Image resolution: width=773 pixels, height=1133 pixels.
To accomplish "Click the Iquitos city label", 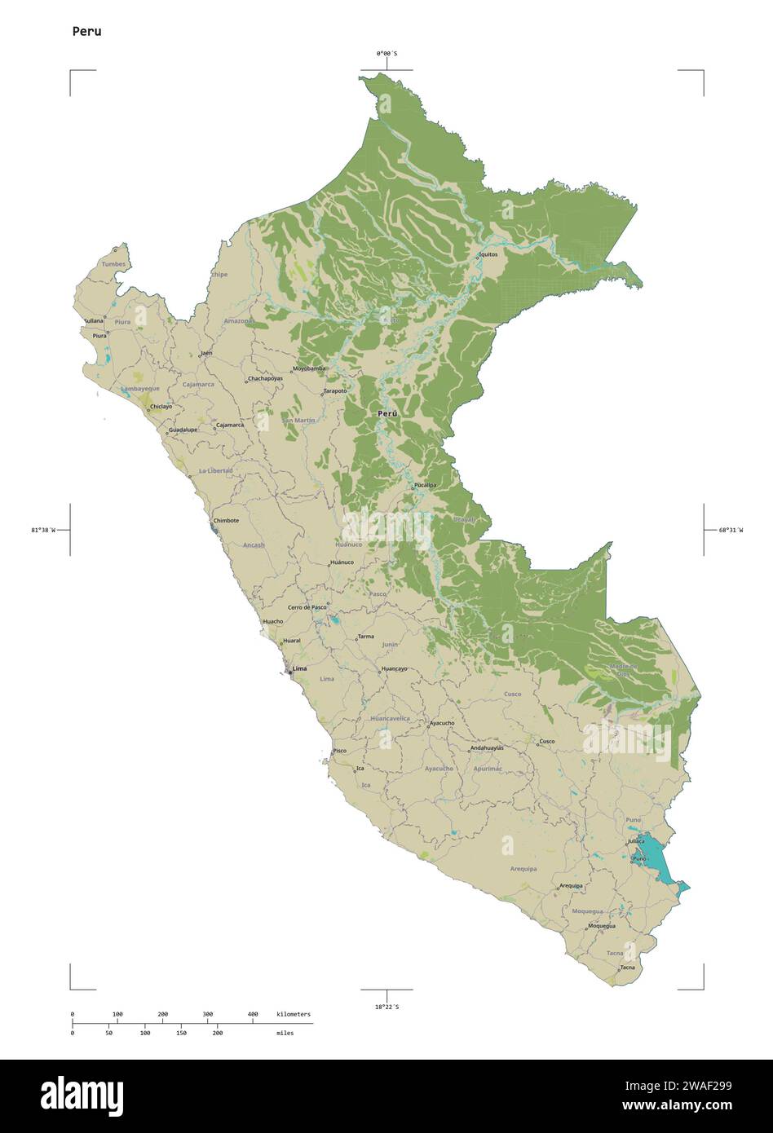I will click(488, 254).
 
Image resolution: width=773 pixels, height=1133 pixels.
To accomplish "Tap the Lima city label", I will click(299, 668).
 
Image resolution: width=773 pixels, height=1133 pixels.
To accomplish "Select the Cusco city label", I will click(546, 741).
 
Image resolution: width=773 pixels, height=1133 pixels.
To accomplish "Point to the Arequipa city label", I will click(571, 885).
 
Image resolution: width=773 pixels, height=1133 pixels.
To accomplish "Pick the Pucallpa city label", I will click(425, 485).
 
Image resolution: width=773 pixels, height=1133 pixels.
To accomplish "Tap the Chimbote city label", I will click(226, 520).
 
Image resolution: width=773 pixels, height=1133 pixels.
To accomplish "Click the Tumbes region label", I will click(114, 264).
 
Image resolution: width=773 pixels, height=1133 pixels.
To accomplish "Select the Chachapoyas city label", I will click(265, 378).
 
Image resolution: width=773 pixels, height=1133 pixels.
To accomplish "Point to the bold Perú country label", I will click(387, 414).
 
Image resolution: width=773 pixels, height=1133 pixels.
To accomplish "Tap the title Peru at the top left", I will click(86, 32).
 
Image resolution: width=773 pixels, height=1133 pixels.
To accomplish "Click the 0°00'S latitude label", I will click(386, 54).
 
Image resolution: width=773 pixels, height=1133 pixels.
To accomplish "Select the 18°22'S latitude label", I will click(386, 1007).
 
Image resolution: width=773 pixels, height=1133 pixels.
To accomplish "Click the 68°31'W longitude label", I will click(731, 530).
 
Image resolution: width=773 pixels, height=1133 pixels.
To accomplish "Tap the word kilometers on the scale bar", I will click(294, 1014).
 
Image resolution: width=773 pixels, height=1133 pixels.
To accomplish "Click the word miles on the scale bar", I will click(285, 1033).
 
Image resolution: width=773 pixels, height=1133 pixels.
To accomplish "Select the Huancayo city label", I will click(394, 669).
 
